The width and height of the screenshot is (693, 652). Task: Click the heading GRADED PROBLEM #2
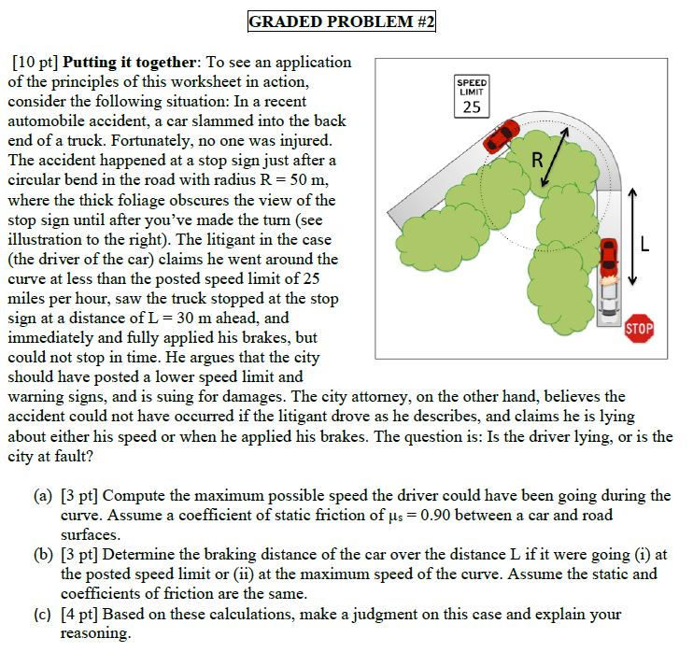pyautogui.click(x=342, y=21)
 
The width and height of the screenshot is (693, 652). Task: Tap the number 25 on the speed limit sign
pyautogui.click(x=472, y=106)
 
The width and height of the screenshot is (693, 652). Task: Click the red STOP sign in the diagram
pyautogui.click(x=639, y=329)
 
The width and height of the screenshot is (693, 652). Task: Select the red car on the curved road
pyautogui.click(x=502, y=135)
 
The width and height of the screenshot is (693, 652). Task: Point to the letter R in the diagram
pyautogui.click(x=538, y=160)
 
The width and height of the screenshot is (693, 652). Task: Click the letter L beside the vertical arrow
pyautogui.click(x=646, y=247)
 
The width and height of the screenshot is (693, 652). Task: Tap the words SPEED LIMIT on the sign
pyautogui.click(x=472, y=86)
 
